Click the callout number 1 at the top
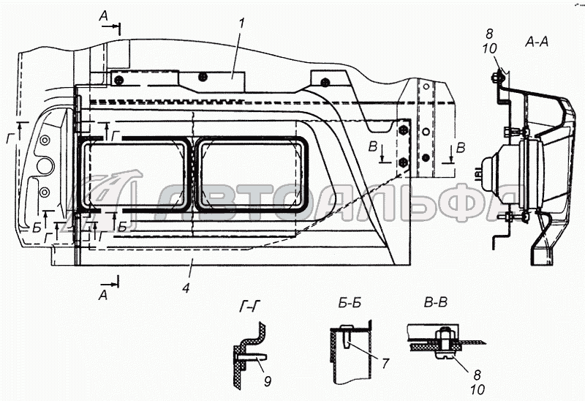(x=241, y=24)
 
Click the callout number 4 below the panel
(x=186, y=288)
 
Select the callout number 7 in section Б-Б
(x=385, y=363)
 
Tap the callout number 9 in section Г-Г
(x=267, y=381)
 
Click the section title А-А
(x=537, y=42)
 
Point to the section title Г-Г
(x=249, y=307)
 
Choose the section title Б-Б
(x=350, y=303)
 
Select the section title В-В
(x=435, y=302)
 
